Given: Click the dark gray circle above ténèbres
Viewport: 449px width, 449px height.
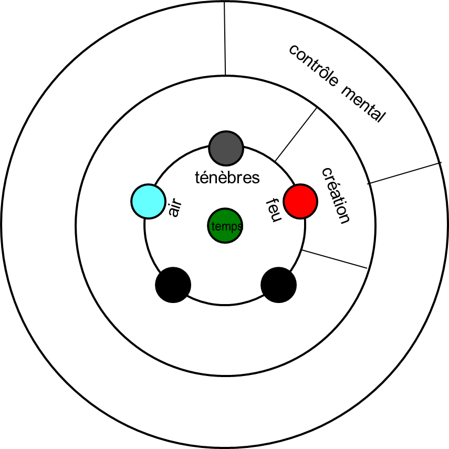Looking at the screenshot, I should tap(226, 148).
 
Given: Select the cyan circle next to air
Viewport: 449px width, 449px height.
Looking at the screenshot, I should tap(149, 201).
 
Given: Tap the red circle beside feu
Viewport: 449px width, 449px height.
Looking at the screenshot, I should tap(300, 201).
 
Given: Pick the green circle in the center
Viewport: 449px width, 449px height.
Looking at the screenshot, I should tap(225, 226).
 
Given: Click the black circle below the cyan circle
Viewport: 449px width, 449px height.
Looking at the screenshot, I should tap(173, 285).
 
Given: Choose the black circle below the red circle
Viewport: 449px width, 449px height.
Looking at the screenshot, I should tap(278, 285).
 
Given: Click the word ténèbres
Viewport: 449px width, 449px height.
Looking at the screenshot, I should tap(227, 178).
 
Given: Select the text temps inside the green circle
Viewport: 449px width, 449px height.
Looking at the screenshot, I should tap(226, 226).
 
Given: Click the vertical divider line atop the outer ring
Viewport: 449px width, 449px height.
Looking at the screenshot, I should tap(225, 39).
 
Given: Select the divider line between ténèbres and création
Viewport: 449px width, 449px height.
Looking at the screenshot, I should tap(296, 134).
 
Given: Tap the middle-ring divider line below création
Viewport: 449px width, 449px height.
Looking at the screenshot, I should tap(335, 259).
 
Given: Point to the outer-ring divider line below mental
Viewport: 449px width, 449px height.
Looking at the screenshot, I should tap(403, 173).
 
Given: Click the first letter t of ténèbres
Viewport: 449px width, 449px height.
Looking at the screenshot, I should tap(197, 178).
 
